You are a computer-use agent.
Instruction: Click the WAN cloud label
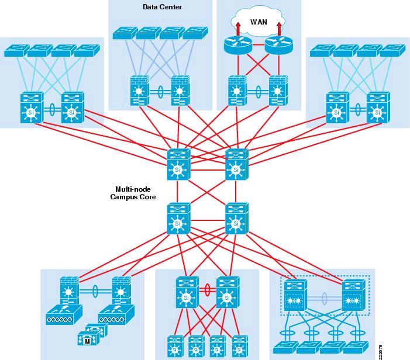[258, 22]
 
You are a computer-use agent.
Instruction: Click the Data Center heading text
[162, 7]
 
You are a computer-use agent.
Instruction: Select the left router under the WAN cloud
[236, 45]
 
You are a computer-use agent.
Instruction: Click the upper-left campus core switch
[178, 165]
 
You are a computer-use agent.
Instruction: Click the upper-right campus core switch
[236, 165]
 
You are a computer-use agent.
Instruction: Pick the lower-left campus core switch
[178, 218]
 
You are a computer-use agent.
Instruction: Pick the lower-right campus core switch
[236, 218]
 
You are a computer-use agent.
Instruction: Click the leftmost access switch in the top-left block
[16, 50]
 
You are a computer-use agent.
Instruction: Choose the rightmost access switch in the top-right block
[391, 50]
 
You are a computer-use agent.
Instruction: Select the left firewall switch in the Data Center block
[140, 91]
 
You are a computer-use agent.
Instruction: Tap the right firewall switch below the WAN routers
[278, 91]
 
